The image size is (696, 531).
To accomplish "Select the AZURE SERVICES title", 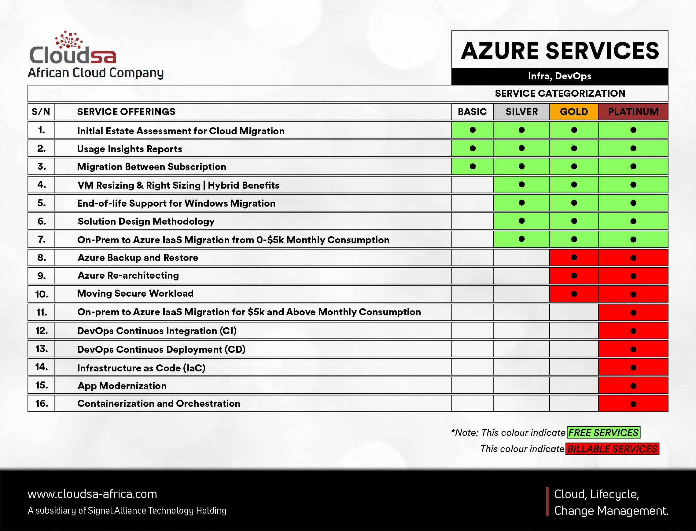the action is (x=560, y=51).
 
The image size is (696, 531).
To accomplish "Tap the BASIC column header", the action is (x=472, y=112).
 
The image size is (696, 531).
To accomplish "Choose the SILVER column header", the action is (x=521, y=112).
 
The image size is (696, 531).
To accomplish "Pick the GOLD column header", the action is (x=574, y=112).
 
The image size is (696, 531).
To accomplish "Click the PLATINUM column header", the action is (x=633, y=112).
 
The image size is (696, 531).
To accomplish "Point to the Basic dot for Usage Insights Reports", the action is (x=473, y=148).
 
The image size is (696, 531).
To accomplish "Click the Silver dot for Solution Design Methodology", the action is (x=521, y=221).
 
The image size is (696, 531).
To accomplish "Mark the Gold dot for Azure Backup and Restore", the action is (x=574, y=258).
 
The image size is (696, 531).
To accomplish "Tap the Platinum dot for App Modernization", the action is (x=633, y=386).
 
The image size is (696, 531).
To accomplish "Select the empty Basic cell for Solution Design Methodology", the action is (x=473, y=221).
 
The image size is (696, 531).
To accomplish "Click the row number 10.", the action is (x=42, y=294).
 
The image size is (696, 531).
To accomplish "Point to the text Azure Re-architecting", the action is (x=128, y=275).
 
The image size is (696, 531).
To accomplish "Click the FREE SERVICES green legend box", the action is (x=603, y=432).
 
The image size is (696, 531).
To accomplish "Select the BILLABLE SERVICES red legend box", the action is (x=612, y=449).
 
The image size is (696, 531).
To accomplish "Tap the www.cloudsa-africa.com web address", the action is (x=92, y=494).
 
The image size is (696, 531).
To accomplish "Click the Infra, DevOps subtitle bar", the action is (x=560, y=76).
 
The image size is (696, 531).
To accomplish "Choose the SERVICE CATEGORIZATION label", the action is (x=560, y=93).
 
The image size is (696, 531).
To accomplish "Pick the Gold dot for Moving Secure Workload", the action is (x=574, y=294).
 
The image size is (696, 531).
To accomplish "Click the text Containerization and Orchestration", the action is (x=159, y=404).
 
